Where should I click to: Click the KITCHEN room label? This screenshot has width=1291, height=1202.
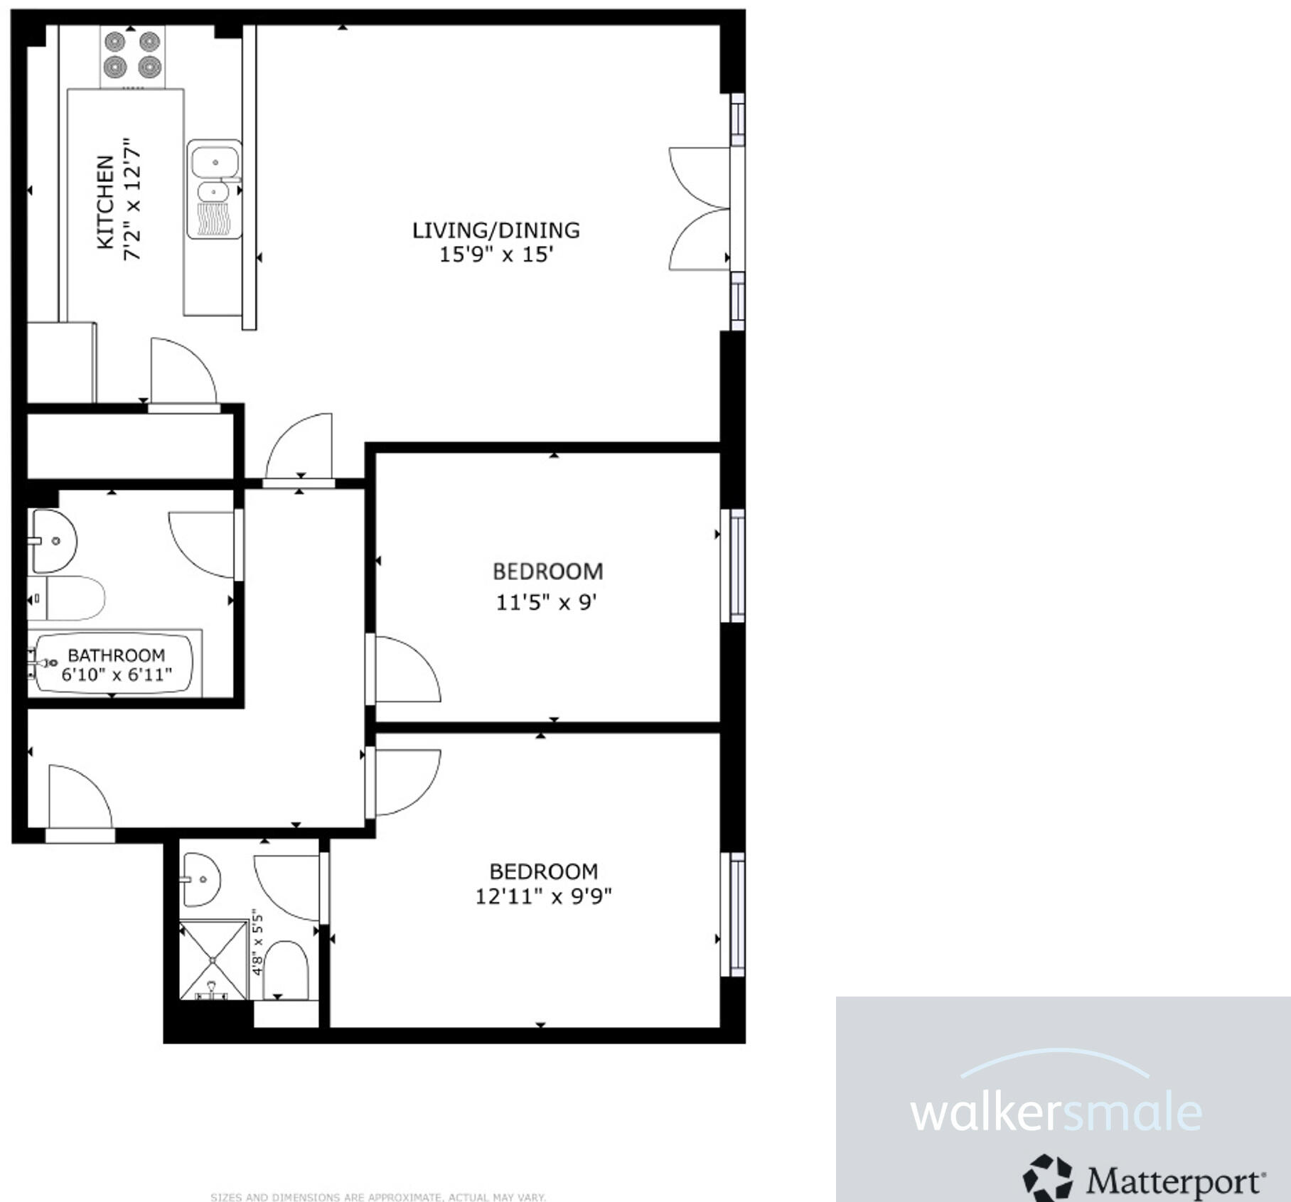tap(105, 202)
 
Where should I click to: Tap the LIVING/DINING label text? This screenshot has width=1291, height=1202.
tap(495, 230)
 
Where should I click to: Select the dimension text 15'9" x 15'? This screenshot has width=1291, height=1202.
tap(495, 254)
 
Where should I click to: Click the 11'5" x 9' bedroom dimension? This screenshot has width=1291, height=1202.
tap(545, 603)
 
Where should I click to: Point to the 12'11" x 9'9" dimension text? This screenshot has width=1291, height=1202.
tap(543, 896)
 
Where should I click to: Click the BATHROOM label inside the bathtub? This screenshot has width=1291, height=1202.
tap(116, 655)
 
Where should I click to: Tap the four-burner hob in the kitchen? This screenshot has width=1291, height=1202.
tap(132, 55)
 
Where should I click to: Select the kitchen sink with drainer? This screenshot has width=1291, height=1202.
tap(214, 188)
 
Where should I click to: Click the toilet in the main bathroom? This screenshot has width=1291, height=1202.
tap(71, 599)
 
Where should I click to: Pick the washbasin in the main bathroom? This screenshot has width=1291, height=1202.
tap(53, 541)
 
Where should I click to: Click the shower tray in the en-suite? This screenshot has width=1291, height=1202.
tap(213, 960)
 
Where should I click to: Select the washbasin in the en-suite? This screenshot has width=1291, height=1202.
tap(200, 879)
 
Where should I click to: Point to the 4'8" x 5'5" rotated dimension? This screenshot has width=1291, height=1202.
tap(257, 943)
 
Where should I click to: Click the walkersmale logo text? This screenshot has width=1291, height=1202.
tap(1055, 1113)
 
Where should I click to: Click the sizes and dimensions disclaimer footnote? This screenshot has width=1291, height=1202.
tap(378, 1197)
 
